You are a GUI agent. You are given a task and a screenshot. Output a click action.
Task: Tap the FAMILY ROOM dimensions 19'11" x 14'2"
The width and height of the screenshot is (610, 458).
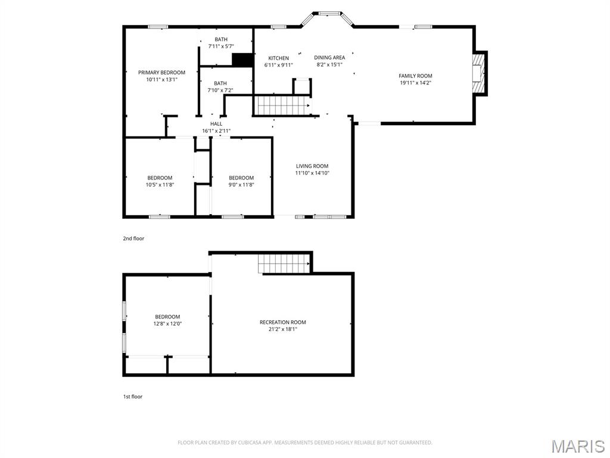415,83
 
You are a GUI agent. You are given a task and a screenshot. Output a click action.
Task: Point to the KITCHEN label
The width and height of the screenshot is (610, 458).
278,58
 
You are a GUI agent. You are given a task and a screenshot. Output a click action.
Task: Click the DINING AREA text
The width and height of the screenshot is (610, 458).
329,57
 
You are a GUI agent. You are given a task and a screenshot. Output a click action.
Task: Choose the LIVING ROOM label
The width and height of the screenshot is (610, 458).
312,166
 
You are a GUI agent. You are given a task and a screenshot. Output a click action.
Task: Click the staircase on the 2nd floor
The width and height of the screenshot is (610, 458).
282,106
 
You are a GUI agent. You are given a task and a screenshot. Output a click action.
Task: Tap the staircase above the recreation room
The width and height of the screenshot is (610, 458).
284,263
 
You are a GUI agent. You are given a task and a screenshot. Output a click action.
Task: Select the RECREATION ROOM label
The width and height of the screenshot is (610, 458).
282,322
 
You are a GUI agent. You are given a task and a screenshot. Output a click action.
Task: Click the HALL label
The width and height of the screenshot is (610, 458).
216,123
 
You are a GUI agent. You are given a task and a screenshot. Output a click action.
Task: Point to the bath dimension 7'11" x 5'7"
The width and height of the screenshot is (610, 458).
220,46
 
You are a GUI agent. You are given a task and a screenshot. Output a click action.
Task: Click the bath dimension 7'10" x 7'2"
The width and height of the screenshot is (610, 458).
220,90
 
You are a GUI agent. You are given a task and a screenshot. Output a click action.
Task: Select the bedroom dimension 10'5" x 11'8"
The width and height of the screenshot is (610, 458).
160,185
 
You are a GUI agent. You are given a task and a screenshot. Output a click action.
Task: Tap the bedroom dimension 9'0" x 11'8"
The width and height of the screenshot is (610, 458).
241,185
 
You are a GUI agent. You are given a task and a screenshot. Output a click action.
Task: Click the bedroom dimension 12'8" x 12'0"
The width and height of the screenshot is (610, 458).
167,324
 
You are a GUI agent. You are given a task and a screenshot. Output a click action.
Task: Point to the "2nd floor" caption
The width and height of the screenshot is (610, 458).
133,239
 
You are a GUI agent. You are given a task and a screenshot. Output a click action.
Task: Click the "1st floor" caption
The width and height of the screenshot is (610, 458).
132,397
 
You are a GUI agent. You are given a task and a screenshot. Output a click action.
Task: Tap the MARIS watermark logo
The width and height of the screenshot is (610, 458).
577,446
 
